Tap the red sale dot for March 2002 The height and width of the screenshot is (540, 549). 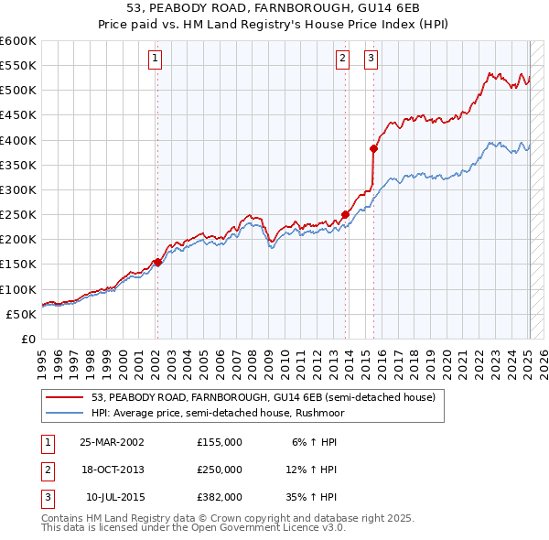click(157, 262)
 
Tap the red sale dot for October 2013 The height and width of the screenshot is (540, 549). click(346, 215)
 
